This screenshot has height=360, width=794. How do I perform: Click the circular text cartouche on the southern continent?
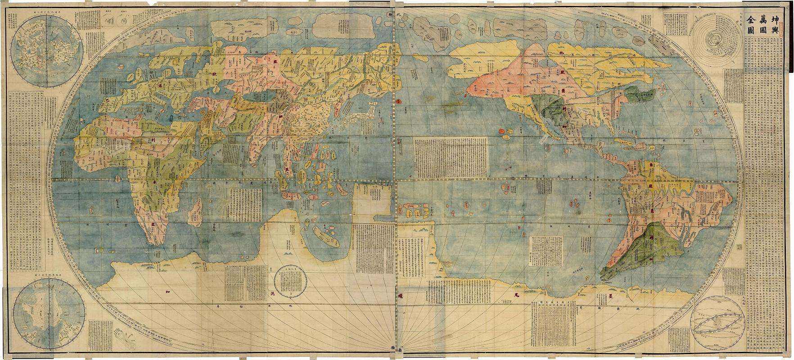coord(288,281)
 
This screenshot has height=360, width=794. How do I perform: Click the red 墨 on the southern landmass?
coord(611,296)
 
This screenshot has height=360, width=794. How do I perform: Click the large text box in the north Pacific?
coord(450,157)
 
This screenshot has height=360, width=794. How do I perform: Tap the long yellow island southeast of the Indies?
coord(326,236)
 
